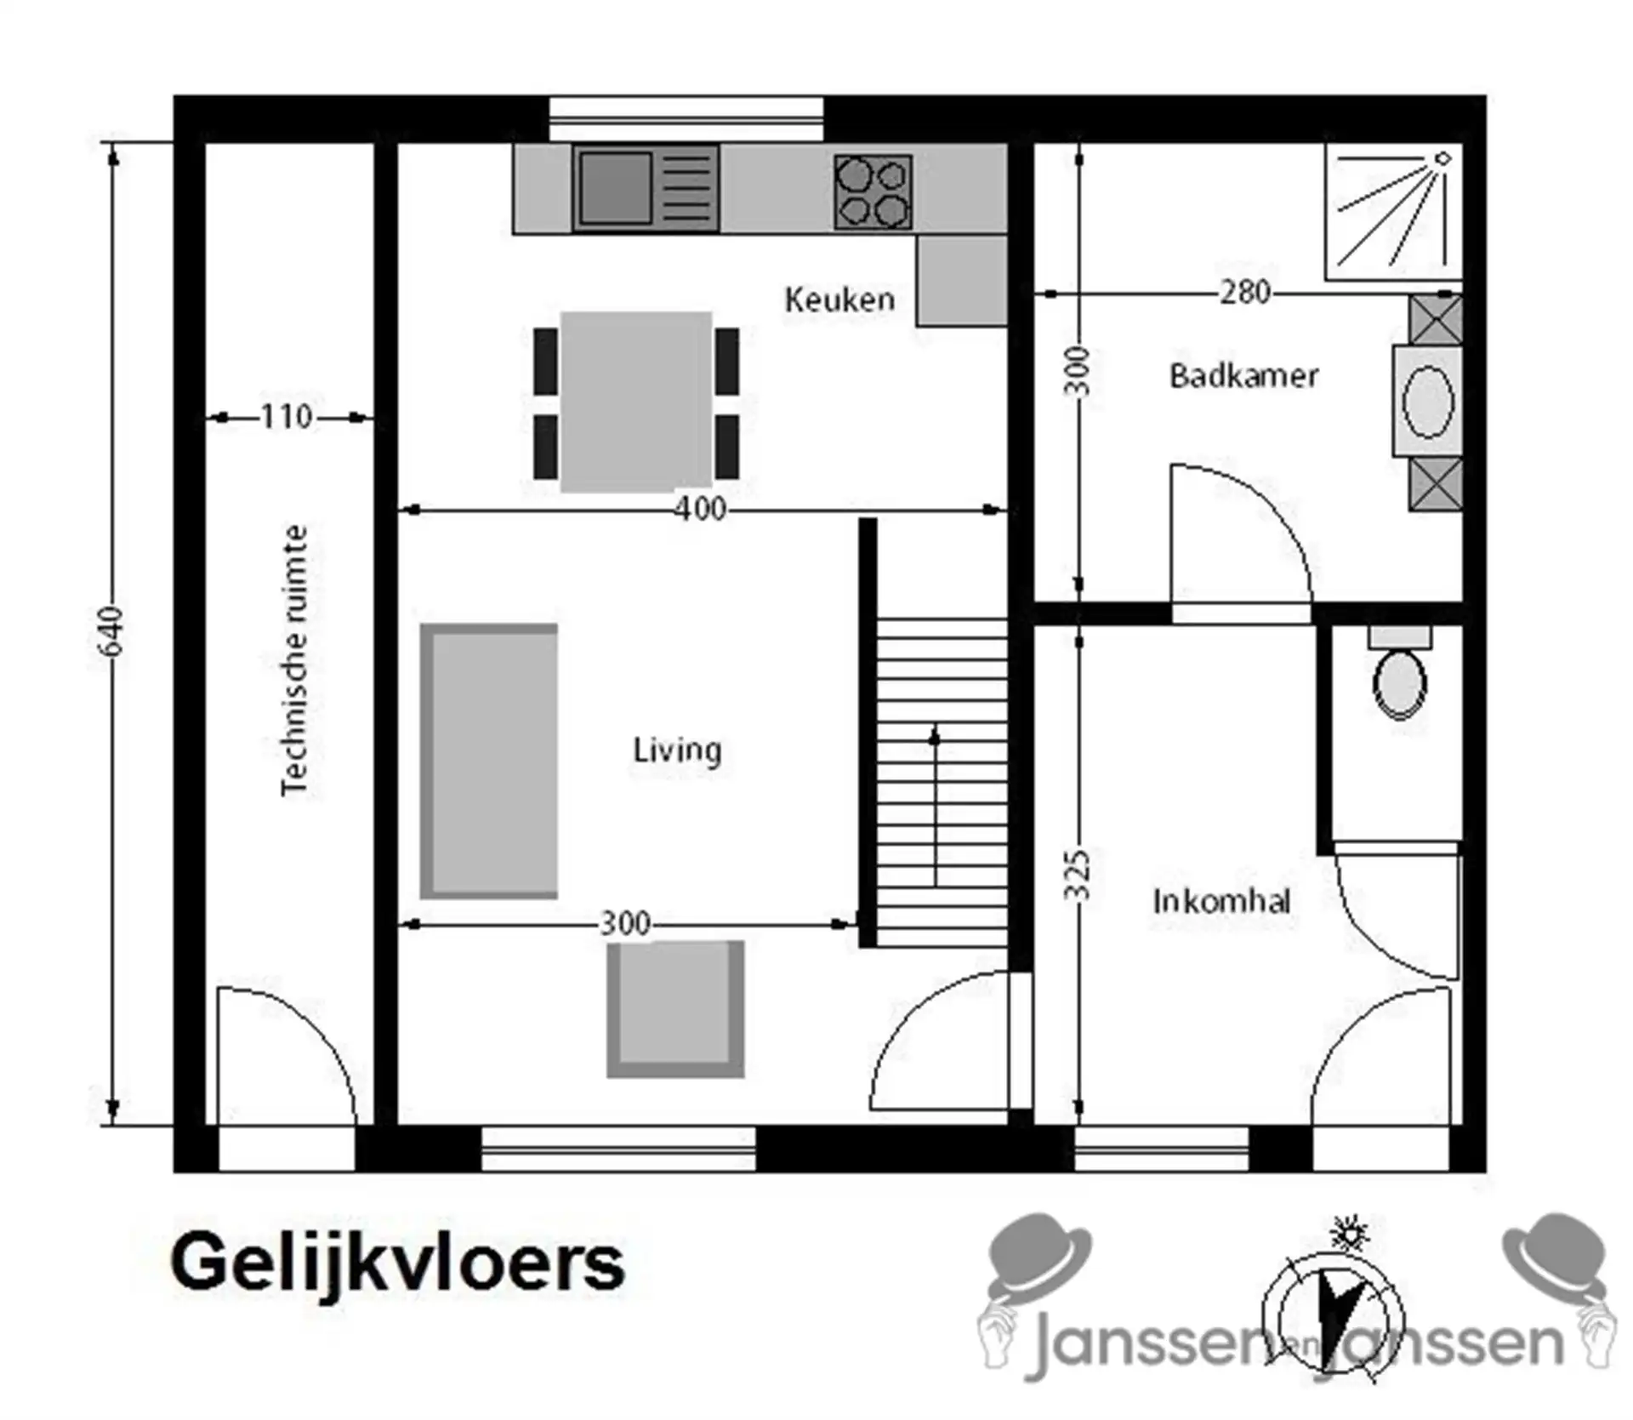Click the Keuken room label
click(839, 299)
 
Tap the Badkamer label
click(1243, 375)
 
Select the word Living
click(677, 750)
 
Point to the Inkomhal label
click(1221, 901)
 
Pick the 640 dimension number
click(112, 631)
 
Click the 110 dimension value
click(286, 417)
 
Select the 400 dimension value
click(700, 509)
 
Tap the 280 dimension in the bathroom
click(1244, 293)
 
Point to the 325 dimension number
click(1078, 875)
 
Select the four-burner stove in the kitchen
click(873, 191)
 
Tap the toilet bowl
click(1399, 683)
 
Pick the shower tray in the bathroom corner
click(1391, 211)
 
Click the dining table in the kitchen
click(635, 402)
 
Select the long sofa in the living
click(489, 761)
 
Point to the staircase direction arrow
click(935, 804)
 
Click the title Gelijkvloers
click(397, 1263)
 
